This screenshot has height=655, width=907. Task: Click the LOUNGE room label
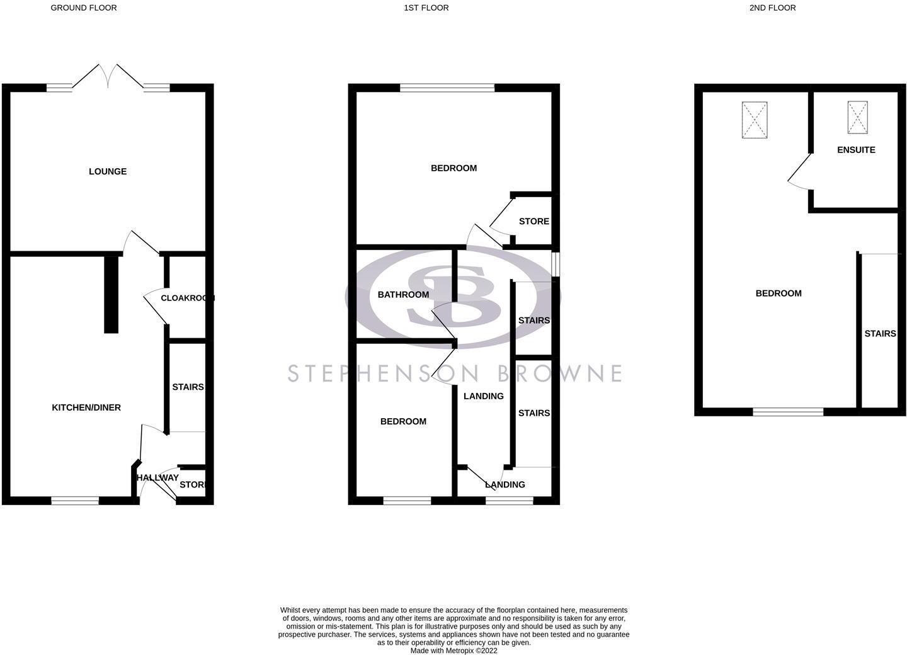(108, 172)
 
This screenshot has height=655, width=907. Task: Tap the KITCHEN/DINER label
(86, 407)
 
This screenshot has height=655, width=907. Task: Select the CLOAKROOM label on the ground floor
(188, 299)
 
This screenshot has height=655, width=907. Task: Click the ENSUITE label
(856, 150)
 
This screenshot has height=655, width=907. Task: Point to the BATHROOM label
(403, 295)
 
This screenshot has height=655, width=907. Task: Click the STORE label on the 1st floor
(534, 222)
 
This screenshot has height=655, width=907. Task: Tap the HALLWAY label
(157, 477)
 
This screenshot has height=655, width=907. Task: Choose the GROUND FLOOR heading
(84, 8)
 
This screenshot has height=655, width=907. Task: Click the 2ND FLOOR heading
(773, 8)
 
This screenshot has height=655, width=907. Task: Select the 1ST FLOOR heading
(426, 8)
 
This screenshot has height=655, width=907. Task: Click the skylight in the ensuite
(858, 117)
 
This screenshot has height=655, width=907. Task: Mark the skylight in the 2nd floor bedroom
(755, 120)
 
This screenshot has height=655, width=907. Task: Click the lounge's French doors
(108, 76)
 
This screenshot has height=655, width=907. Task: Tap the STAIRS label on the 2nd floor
(880, 334)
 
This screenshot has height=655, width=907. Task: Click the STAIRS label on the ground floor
(188, 387)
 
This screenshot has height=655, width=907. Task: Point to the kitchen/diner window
(75, 501)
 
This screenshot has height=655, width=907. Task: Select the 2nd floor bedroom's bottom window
(788, 412)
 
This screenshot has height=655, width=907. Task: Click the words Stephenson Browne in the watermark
(454, 373)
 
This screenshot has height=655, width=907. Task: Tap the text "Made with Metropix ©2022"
(454, 651)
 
